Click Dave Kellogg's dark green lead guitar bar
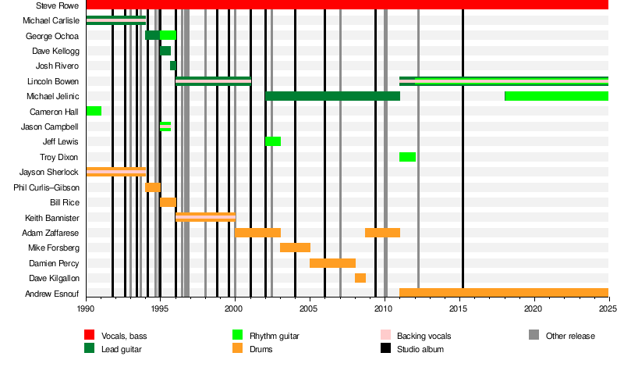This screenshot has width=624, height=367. tap(165, 51)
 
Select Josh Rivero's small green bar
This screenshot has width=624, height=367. tap(173, 66)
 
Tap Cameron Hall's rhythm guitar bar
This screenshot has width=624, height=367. tap(94, 111)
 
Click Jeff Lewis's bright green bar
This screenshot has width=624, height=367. tap(273, 141)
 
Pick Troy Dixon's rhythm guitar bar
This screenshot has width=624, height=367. tap(407, 157)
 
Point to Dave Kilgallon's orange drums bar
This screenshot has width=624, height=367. tap(360, 278)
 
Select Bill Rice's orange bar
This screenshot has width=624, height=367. tap(168, 202)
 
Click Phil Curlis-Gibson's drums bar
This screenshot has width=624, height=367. tap(153, 187)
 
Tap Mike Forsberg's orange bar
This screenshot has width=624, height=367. tap(296, 248)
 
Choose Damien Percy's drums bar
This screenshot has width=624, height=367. tap(333, 263)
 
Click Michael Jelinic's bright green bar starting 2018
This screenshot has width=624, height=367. tap(557, 96)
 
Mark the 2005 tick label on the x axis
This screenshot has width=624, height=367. tap(308, 308)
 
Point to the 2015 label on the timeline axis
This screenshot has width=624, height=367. tap(458, 308)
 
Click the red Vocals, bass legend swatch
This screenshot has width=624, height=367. tap(90, 335)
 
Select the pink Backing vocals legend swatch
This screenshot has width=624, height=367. tap(385, 335)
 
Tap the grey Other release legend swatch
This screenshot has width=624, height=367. tap(534, 335)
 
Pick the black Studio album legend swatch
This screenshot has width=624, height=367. tap(385, 348)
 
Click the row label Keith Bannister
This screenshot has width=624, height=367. tap(52, 218)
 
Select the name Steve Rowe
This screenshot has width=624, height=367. tap(57, 5)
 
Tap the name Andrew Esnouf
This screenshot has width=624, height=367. tap(52, 294)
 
